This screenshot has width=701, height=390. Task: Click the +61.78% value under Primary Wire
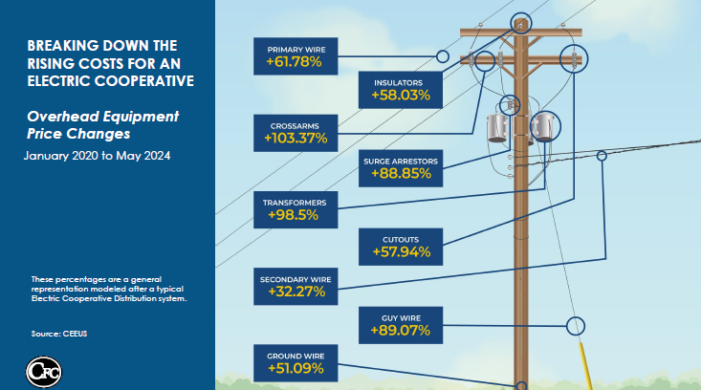(x=294, y=61)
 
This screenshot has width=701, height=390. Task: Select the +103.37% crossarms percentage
(x=296, y=138)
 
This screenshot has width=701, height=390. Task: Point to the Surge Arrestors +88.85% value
(x=401, y=173)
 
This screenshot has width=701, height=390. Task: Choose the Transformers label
(x=295, y=203)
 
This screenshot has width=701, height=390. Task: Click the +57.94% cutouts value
(x=401, y=252)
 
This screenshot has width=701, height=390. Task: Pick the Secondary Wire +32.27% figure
(x=296, y=292)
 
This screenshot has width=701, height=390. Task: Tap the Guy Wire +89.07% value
(x=400, y=331)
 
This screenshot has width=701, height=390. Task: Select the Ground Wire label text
(x=296, y=357)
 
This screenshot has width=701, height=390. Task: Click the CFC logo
(x=43, y=372)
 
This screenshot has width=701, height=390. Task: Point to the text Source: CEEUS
(x=59, y=334)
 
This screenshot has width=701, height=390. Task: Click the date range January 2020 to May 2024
(x=97, y=156)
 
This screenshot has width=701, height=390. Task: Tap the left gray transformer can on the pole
(x=497, y=128)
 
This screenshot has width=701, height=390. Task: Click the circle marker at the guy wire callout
(x=576, y=326)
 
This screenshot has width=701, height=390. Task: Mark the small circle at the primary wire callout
(x=443, y=56)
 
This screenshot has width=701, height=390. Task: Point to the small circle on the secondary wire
(x=602, y=156)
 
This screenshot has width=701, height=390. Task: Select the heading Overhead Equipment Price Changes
(x=103, y=125)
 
